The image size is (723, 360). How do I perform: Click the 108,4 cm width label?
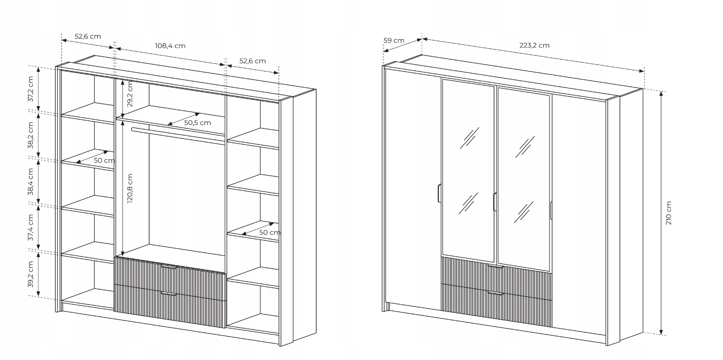(170, 46)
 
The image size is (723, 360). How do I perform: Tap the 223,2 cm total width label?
(534, 45)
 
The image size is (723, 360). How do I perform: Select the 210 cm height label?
(669, 213)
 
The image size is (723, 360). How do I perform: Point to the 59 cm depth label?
(394, 40)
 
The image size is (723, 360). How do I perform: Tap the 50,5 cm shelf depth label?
(197, 123)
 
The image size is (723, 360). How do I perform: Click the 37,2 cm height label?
(31, 89)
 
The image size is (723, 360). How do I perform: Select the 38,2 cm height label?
(31, 135)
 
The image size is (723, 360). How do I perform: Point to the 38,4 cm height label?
(31, 182)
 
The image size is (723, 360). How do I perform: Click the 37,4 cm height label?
(31, 227)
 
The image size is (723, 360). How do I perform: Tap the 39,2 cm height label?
(31, 274)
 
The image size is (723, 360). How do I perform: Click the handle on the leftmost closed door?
(438, 193)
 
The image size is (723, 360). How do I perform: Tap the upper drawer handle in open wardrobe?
(169, 266)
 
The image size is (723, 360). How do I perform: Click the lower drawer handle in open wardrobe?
(169, 294)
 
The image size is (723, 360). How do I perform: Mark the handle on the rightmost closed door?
(551, 210)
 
